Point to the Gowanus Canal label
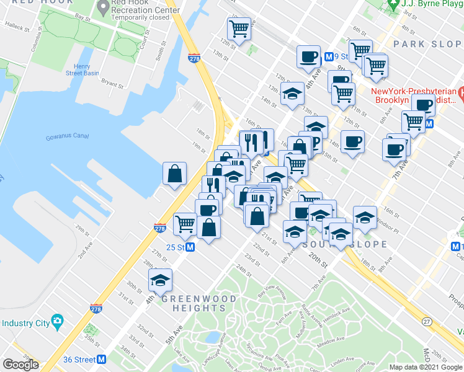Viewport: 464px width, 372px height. click(67, 137)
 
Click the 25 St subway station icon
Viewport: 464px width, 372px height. click(191, 247)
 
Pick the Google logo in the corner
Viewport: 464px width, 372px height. click(20, 365)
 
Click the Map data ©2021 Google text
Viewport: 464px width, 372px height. click(426, 367)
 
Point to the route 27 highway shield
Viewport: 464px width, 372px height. click(427, 322)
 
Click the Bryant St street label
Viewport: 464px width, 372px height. click(112, 81)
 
